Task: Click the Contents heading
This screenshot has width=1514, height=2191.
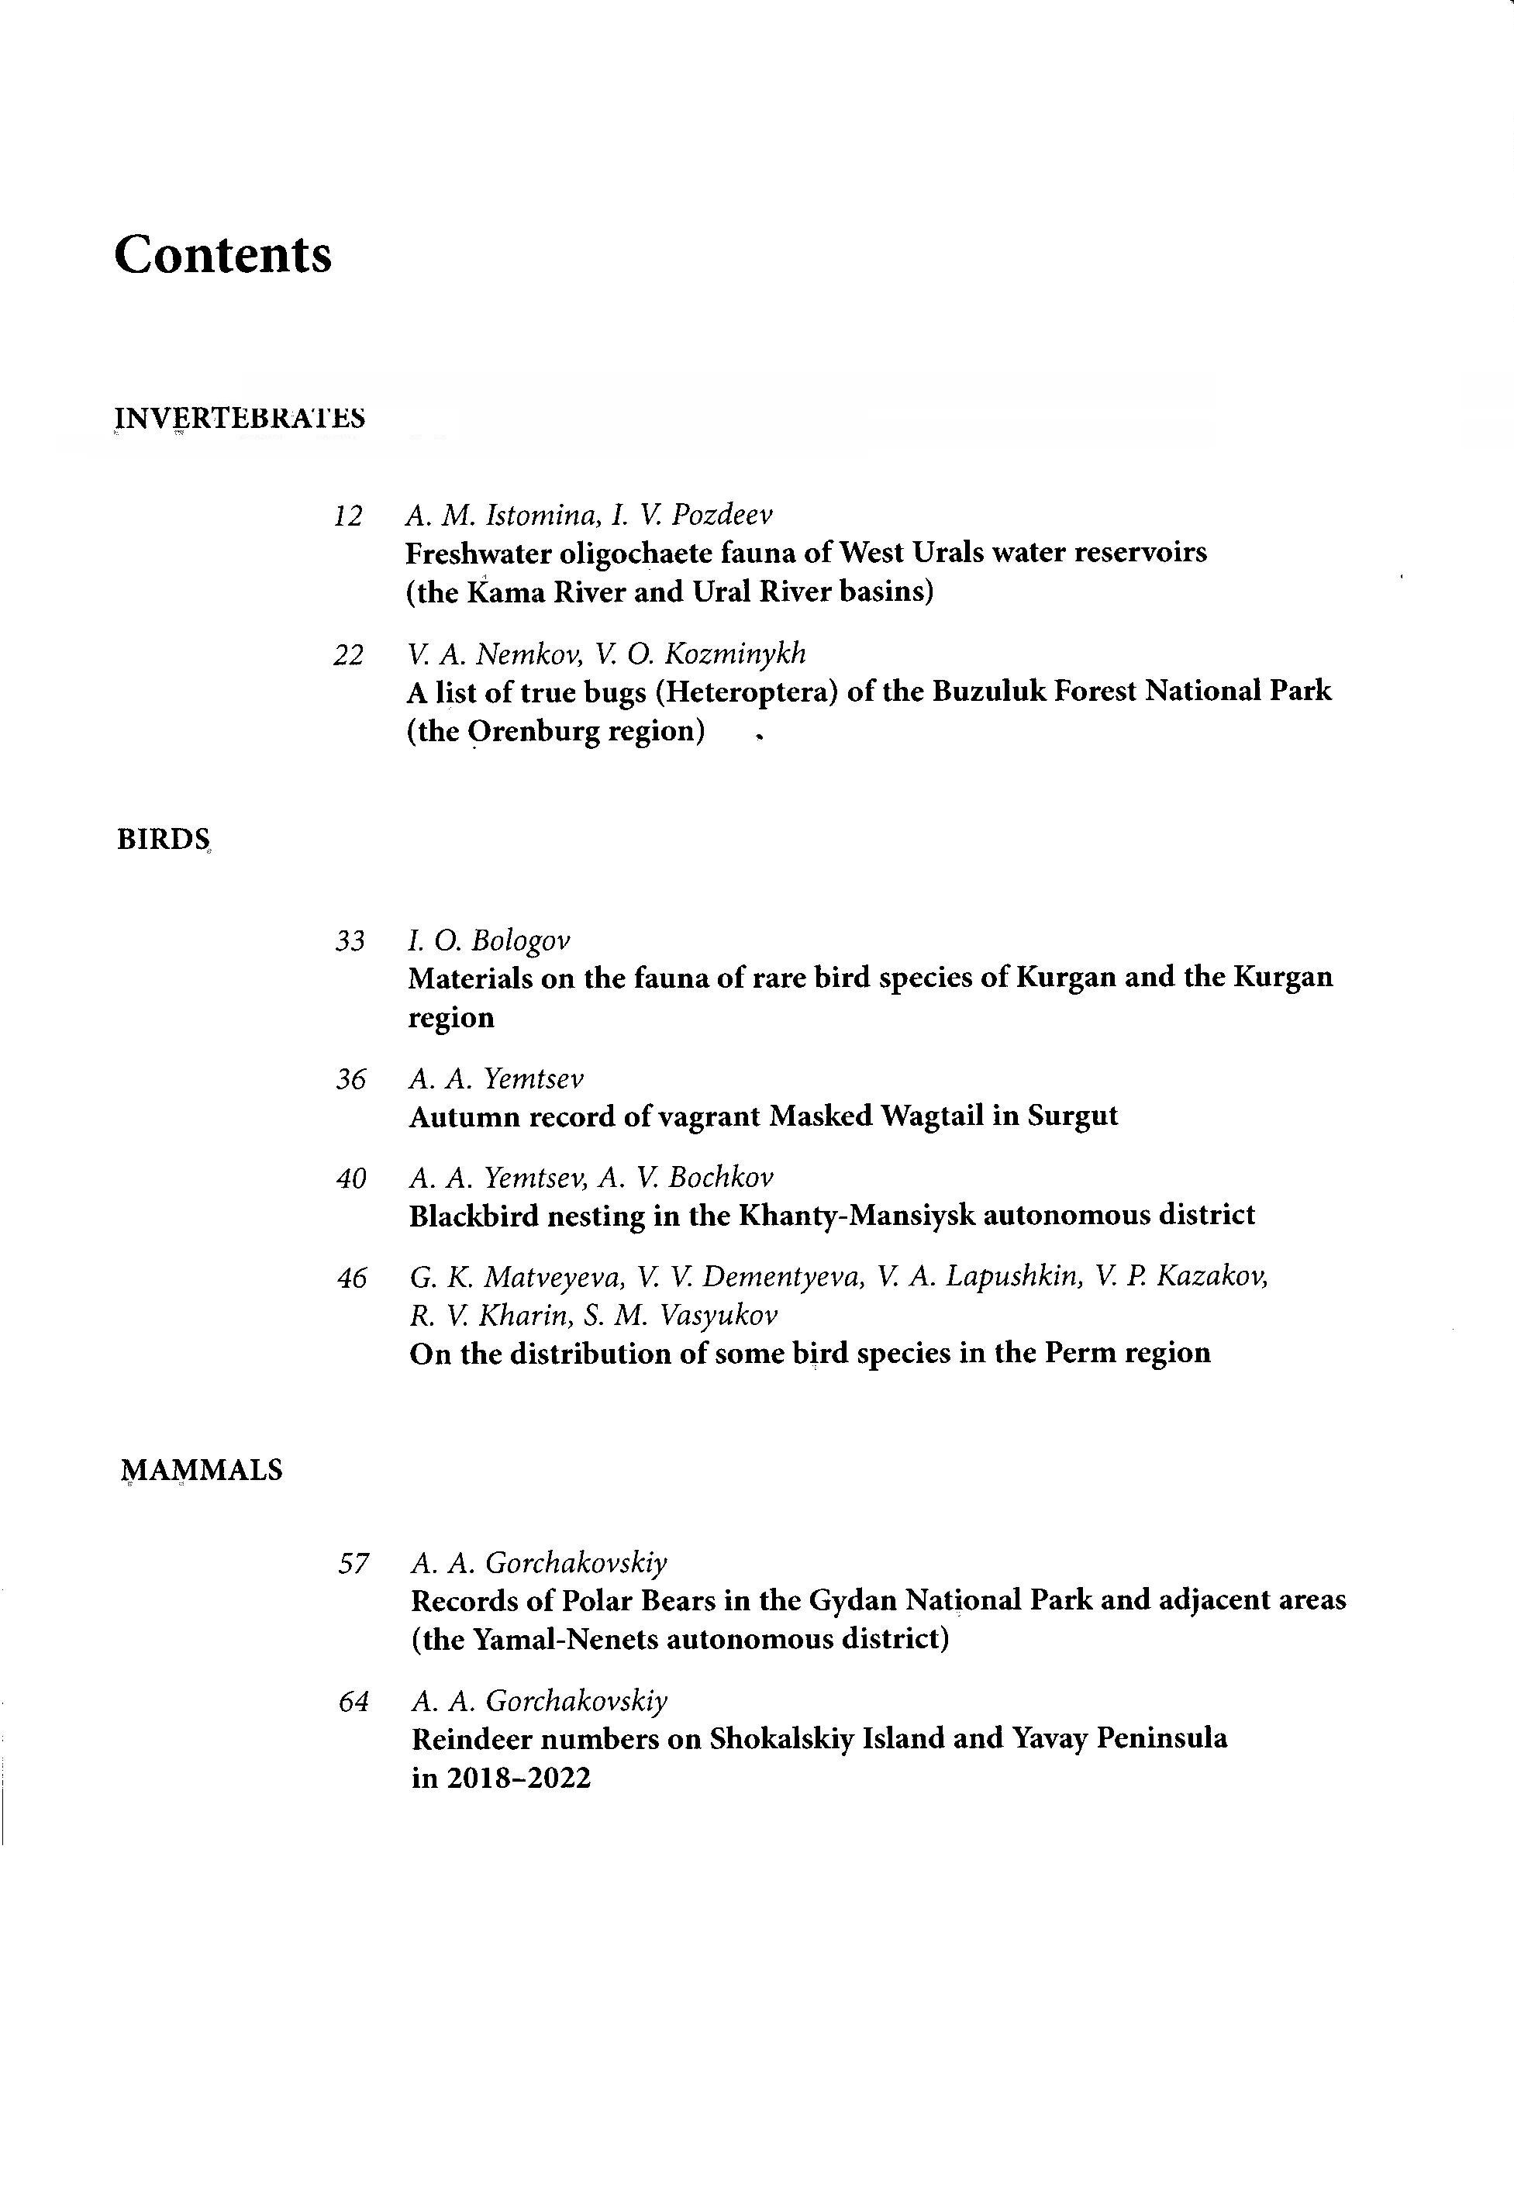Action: click(x=223, y=254)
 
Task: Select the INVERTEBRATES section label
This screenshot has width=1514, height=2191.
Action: click(x=240, y=419)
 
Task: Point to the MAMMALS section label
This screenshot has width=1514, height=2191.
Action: click(x=202, y=1470)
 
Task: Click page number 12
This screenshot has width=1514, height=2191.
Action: click(x=348, y=516)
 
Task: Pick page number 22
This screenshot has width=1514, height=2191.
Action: click(x=348, y=654)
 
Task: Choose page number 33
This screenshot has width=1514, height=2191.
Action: click(x=350, y=941)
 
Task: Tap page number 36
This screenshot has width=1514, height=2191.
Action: click(x=350, y=1079)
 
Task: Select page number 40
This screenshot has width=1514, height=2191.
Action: click(x=351, y=1179)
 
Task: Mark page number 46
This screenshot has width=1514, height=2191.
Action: click(x=351, y=1278)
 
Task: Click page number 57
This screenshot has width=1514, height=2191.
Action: click(x=353, y=1563)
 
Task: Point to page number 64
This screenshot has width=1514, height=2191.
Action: click(x=353, y=1702)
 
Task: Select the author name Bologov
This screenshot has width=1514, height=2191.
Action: click(x=521, y=941)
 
